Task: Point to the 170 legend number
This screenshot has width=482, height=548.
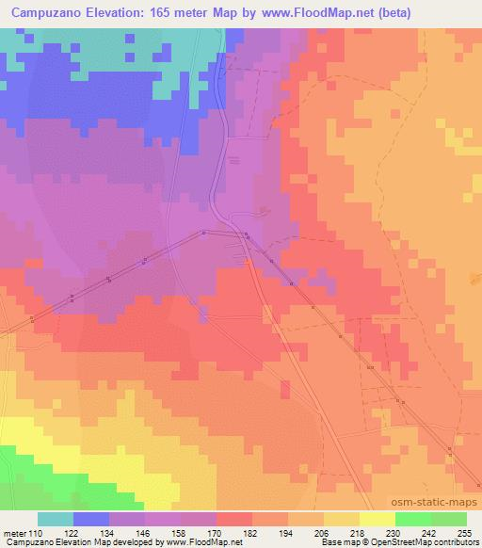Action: (x=216, y=534)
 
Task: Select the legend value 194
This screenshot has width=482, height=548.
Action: (x=288, y=534)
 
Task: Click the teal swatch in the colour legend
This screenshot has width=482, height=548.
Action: (x=55, y=519)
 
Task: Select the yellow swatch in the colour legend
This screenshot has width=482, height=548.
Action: (x=377, y=519)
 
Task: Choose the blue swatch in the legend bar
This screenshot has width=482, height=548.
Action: (x=90, y=519)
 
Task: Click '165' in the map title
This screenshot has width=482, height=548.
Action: (x=159, y=12)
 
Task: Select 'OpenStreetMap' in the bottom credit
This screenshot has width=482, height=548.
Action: (x=406, y=543)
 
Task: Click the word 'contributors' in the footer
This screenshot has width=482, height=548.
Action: (x=456, y=543)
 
